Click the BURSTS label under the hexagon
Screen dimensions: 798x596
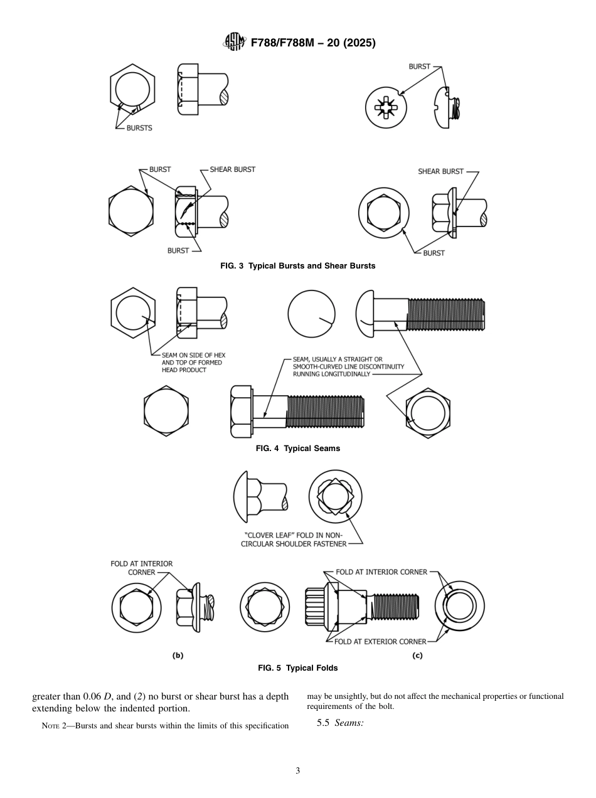(139, 128)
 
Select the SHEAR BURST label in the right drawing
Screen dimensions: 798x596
(440, 171)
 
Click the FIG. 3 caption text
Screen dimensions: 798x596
(297, 266)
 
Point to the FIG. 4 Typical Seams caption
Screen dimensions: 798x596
(297, 449)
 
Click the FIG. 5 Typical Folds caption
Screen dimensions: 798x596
(297, 668)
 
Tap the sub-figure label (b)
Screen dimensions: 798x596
(178, 655)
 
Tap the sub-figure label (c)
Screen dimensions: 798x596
(417, 655)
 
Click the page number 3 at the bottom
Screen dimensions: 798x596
(297, 771)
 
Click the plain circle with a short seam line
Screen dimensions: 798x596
(311, 312)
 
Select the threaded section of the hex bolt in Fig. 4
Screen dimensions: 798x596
(324, 412)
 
